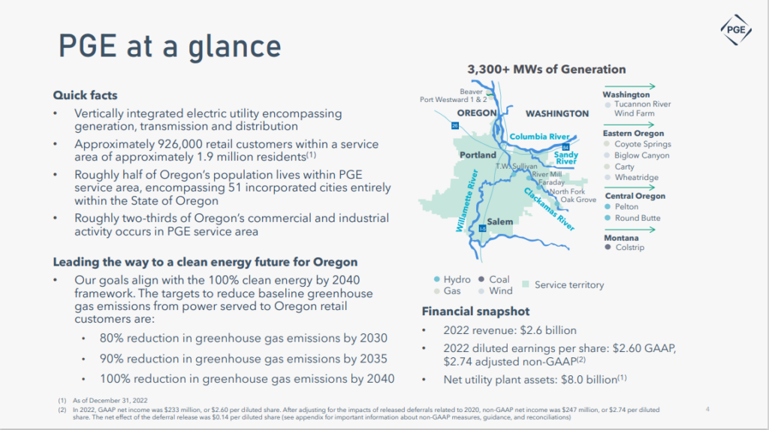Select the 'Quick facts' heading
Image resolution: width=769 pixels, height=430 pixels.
click(x=85, y=95)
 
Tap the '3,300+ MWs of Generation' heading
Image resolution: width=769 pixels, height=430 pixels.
click(x=546, y=70)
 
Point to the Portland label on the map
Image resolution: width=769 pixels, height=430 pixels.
click(x=477, y=155)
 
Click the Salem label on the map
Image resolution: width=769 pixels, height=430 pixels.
click(x=499, y=222)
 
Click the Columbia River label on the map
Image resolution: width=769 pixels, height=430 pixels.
click(x=539, y=137)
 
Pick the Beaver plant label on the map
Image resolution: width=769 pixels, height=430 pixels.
click(x=471, y=92)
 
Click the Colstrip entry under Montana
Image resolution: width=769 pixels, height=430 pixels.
click(x=629, y=247)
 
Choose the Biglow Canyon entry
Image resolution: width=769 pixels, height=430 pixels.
click(x=642, y=155)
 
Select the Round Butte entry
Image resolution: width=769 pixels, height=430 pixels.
click(x=638, y=218)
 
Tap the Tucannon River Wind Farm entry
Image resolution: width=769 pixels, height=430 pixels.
click(x=642, y=109)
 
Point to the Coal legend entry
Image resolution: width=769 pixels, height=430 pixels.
click(x=499, y=279)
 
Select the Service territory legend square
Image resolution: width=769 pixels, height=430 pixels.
click(x=526, y=285)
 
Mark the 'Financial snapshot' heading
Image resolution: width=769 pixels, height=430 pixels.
click(x=475, y=311)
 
